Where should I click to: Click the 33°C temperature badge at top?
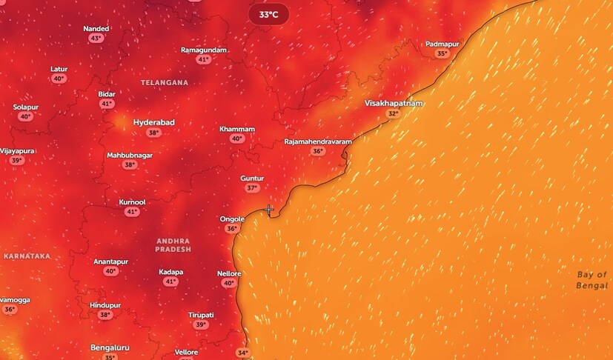point(268,15)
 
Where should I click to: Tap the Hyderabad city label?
point(153,122)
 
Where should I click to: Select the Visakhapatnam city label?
point(394,103)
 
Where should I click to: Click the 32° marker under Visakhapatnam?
point(393,113)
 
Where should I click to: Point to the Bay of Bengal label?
point(592,280)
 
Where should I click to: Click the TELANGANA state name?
point(165,83)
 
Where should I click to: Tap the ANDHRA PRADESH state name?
point(173,245)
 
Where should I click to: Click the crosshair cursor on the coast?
point(269,210)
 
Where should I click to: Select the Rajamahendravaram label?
point(318,141)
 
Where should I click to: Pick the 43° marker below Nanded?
point(96,39)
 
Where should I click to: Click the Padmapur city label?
point(443,44)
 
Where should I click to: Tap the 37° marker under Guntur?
point(252,188)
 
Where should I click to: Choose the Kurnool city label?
point(132,202)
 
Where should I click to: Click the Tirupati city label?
point(200,315)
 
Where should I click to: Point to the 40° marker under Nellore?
point(229,283)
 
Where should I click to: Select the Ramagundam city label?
point(204,50)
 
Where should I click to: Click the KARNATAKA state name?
point(27,256)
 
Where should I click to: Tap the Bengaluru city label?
point(110,347)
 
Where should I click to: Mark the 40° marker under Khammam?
point(237,139)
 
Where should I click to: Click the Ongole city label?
point(232,219)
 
